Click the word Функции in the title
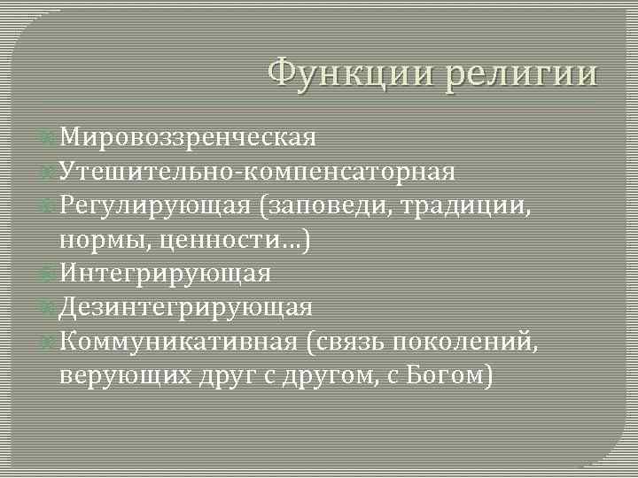point(350,72)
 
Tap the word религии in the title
point(522,72)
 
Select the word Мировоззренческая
point(189,137)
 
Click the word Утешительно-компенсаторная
point(258,171)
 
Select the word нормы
point(100,240)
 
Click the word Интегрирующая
point(166,274)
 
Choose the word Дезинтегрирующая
point(186,307)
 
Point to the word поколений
point(478,342)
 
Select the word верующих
point(122,375)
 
